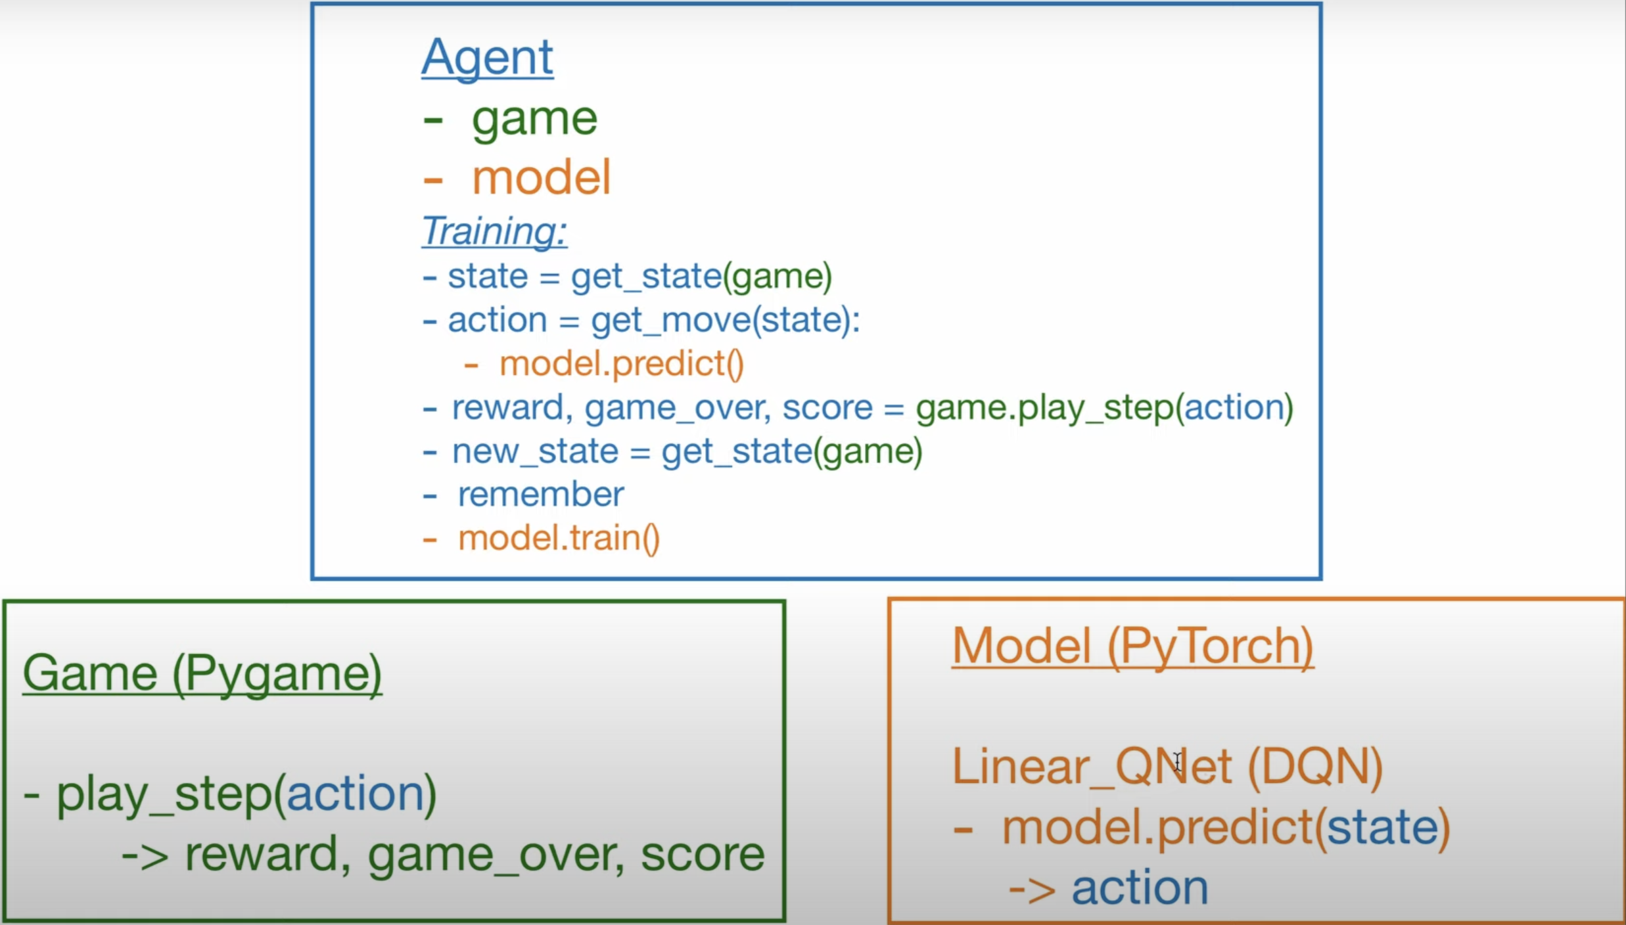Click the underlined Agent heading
tap(487, 58)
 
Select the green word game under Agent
tap(534, 120)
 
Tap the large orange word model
tap(541, 178)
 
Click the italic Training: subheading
tap(494, 231)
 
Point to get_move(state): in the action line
tap(725, 321)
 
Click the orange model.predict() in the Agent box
tap(621, 365)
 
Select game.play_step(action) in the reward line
tap(1104, 408)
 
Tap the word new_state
tap(535, 452)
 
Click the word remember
tap(540, 495)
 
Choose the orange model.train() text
tap(559, 539)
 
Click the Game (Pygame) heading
tap(202, 674)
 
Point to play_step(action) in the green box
tap(246, 795)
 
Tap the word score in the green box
tap(702, 855)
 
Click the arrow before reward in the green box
tap(145, 856)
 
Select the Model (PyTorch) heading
tap(1132, 646)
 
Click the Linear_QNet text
tap(1092, 767)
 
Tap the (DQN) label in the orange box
tap(1315, 767)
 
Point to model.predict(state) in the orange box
tap(1226, 828)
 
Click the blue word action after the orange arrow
tap(1140, 888)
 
